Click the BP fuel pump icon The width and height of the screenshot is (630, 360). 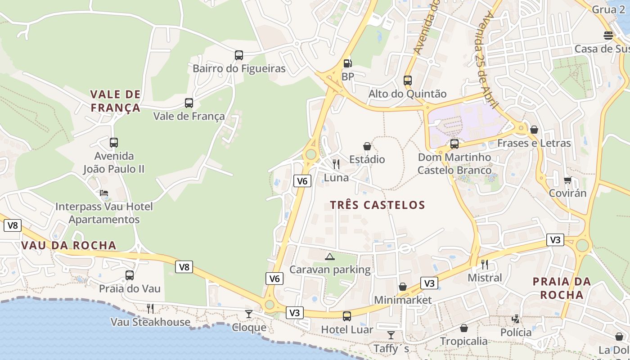(347, 63)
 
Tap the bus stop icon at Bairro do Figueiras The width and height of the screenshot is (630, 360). (239, 55)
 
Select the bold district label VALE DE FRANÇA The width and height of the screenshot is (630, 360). (116, 101)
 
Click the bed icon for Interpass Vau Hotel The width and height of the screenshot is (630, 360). (104, 193)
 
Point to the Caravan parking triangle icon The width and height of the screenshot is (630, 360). (330, 256)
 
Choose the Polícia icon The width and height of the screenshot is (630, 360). (516, 319)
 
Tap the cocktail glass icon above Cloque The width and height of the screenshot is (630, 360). (249, 314)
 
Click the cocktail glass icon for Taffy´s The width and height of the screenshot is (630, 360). (391, 335)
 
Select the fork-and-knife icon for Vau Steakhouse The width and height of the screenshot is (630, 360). (150, 308)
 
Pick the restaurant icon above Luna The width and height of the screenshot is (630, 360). (336, 164)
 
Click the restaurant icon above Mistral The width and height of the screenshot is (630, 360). (485, 264)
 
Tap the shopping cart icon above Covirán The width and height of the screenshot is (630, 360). (567, 180)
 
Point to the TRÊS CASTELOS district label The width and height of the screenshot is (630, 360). (378, 205)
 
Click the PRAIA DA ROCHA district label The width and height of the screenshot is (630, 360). (562, 288)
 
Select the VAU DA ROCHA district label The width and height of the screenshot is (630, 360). (69, 245)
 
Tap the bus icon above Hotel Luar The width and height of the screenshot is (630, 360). (347, 316)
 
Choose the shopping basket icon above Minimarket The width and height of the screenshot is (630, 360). (403, 287)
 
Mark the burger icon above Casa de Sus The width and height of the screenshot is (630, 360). (608, 35)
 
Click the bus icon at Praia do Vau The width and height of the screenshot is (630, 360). (130, 275)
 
